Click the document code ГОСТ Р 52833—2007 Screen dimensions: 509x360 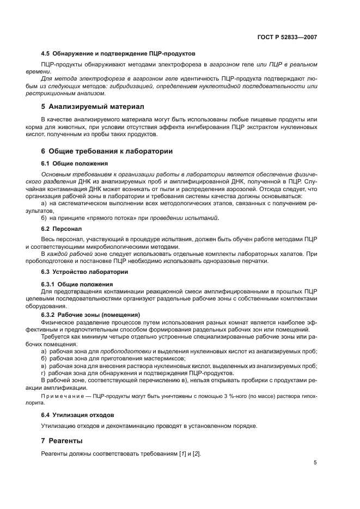click(287, 37)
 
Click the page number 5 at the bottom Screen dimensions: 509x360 click(315, 463)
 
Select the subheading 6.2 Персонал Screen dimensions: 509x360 click(62, 230)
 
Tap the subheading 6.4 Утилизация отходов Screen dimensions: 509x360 click(77, 414)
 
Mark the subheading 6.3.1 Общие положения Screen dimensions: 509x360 click(77, 284)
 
